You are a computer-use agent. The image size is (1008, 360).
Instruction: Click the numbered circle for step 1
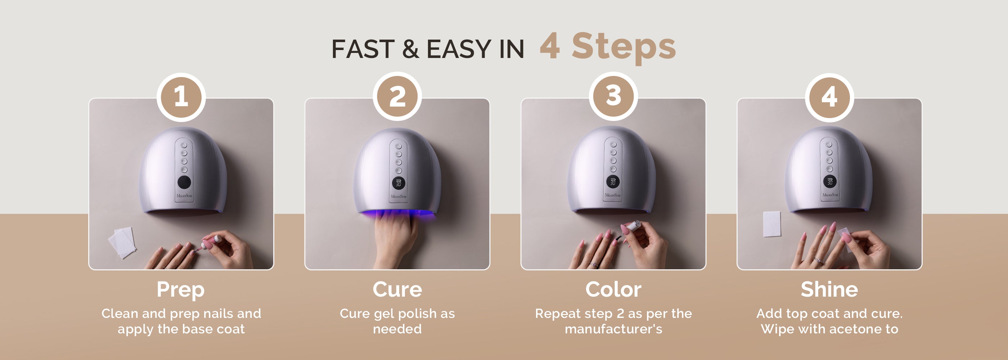pos(181,96)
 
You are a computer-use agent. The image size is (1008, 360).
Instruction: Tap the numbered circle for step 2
pos(397,96)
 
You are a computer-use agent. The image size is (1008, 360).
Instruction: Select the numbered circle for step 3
pos(613,96)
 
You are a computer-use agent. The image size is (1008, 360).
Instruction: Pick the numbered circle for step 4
pos(829,96)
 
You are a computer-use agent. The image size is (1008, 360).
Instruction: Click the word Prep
pos(181,290)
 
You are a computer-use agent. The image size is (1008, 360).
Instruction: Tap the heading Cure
pos(397,289)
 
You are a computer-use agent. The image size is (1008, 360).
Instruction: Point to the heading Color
pos(613,289)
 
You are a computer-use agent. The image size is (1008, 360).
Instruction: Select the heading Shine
pos(829,289)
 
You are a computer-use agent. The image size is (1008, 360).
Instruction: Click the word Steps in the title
pos(624,47)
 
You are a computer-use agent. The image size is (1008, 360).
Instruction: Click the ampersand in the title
pos(410,49)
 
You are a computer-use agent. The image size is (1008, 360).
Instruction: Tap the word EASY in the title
pos(459,49)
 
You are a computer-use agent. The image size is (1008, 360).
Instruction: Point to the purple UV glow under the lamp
pos(398,215)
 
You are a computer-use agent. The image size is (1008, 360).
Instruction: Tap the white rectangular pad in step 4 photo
pos(771,224)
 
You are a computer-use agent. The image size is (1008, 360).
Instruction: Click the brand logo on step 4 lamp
pos(829,194)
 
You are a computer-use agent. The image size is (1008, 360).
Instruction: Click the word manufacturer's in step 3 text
pos(613,329)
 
